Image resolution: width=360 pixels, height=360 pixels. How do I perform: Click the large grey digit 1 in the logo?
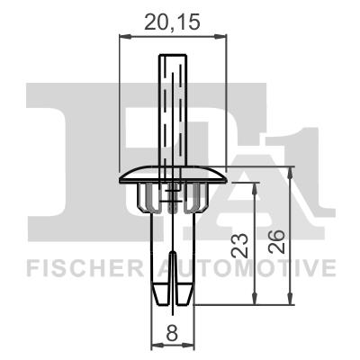306,162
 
